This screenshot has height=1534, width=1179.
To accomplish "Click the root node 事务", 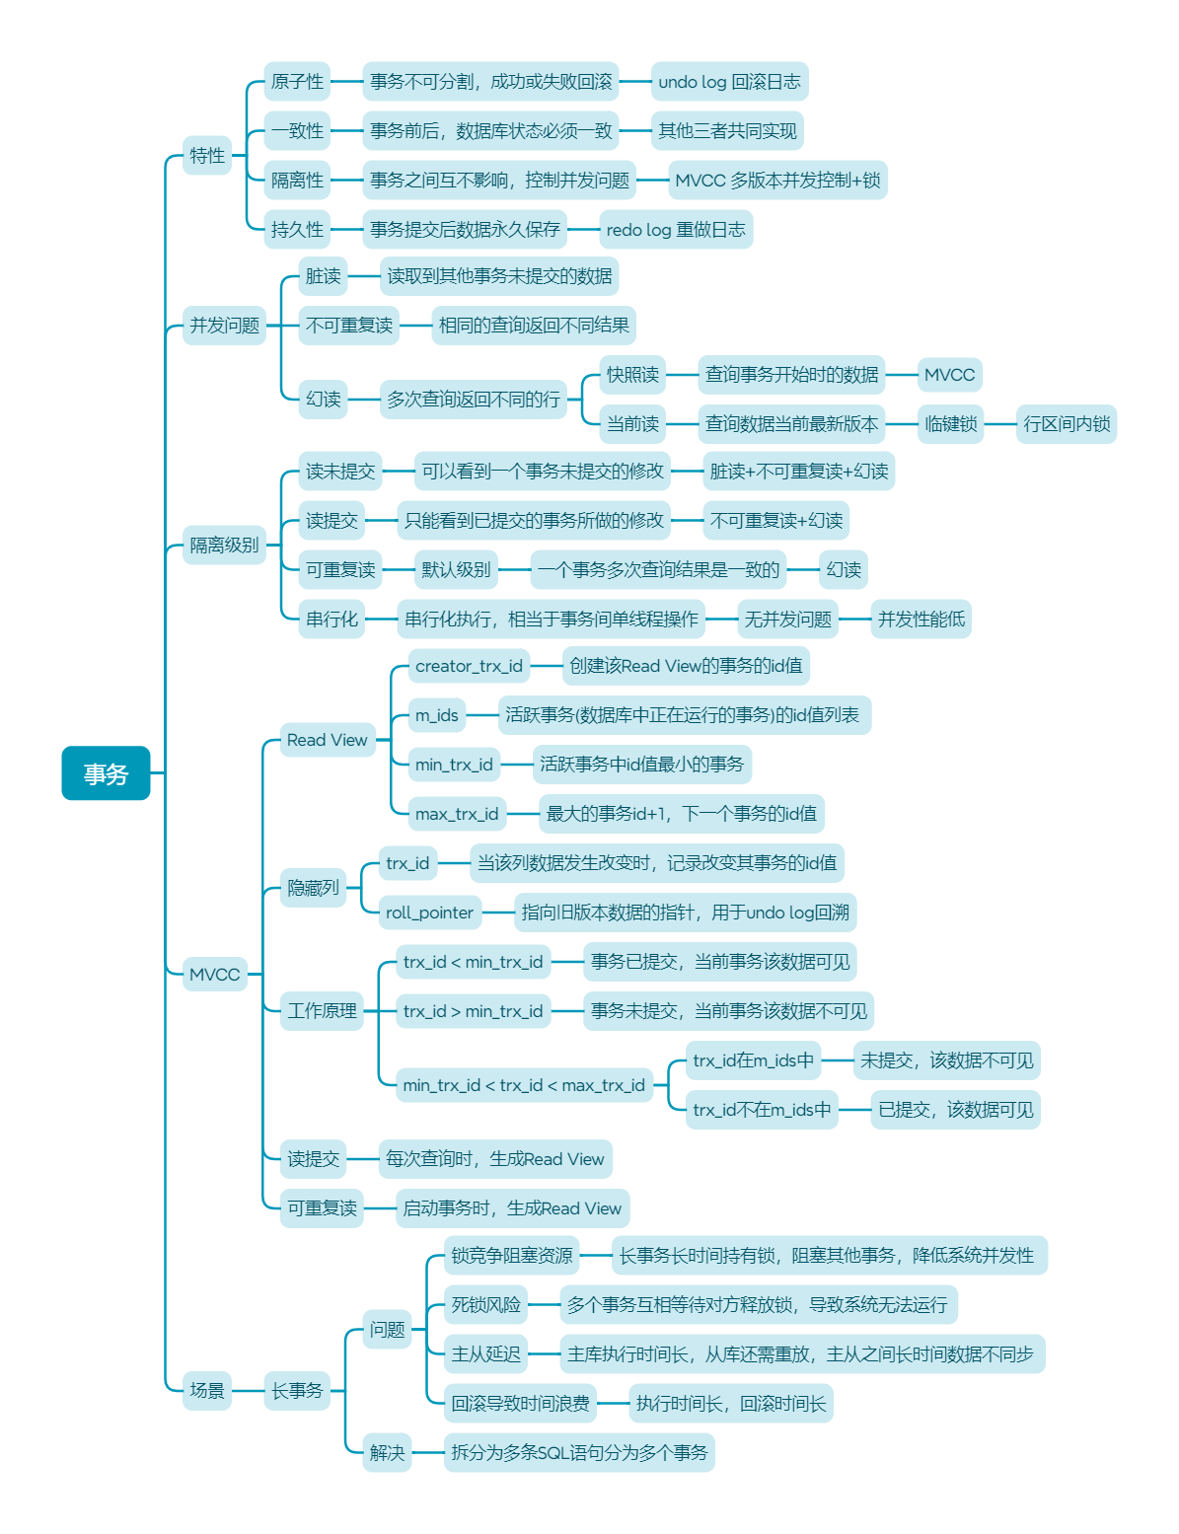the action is [106, 773].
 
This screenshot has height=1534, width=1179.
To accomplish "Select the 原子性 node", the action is [297, 82].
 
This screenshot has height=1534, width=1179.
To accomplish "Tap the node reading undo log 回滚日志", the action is [729, 82].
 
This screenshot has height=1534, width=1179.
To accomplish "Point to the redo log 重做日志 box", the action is [675, 230].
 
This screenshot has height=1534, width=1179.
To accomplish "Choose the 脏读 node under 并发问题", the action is [323, 276].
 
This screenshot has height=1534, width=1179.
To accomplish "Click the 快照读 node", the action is [632, 375].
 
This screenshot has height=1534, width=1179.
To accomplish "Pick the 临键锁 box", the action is [950, 424].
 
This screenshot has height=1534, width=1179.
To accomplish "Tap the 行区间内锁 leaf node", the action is [1066, 424].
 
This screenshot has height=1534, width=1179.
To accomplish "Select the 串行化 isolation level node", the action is [332, 620].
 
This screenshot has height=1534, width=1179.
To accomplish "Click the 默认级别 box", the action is [456, 570].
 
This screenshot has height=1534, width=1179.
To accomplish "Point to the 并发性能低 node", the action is [921, 620].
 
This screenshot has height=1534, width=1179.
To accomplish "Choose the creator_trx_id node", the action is [469, 666].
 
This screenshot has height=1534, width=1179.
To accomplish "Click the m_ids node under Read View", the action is [436, 715].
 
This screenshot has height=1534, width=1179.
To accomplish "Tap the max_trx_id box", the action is [457, 814].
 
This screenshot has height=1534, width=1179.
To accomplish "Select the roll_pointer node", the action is [429, 913].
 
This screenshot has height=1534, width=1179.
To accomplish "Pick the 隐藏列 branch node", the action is [313, 888].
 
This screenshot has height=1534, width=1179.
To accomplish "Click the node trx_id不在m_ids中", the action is [762, 1110].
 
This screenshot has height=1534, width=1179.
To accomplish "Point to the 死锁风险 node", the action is [485, 1305].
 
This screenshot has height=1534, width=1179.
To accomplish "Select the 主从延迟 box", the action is [485, 1354].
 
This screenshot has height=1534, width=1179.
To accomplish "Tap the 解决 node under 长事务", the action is [387, 1452].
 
